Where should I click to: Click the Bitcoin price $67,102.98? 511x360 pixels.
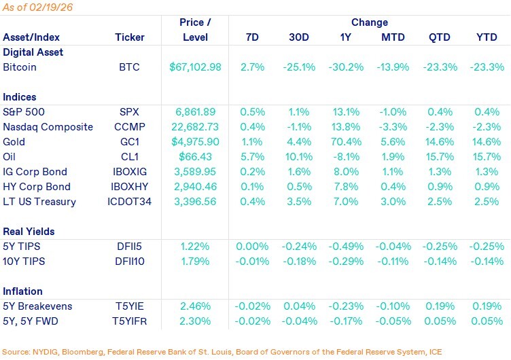point(196,67)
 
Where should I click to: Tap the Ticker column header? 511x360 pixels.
point(130,37)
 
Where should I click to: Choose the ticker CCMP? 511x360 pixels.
point(130,127)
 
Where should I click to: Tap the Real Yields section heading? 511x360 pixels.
point(29,232)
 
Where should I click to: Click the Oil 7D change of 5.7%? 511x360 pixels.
point(251,157)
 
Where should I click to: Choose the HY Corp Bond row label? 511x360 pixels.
point(35,187)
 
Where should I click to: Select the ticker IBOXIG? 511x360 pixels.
point(130,172)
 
